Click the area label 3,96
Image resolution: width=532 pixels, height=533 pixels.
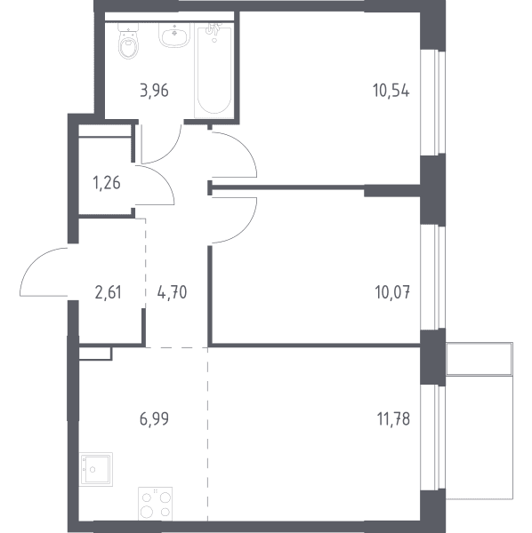[154, 91]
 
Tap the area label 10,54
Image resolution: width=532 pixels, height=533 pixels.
[391, 91]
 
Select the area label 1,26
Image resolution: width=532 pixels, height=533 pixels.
[107, 183]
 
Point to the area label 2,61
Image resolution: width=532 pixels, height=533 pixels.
[109, 292]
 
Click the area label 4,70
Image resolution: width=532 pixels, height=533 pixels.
[173, 292]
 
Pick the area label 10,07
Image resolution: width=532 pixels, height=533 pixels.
[392, 292]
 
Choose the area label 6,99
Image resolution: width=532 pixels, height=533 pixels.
[154, 418]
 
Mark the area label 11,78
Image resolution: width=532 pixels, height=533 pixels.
[393, 418]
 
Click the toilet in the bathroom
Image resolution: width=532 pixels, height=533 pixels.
[128, 41]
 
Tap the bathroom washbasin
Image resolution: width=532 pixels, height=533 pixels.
[174, 36]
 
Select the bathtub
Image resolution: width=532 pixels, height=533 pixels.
[214, 70]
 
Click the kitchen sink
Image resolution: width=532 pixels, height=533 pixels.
[96, 469]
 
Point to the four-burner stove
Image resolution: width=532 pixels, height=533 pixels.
[155, 504]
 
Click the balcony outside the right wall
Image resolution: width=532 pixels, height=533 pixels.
[480, 421]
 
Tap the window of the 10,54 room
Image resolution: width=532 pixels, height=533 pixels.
[433, 102]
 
